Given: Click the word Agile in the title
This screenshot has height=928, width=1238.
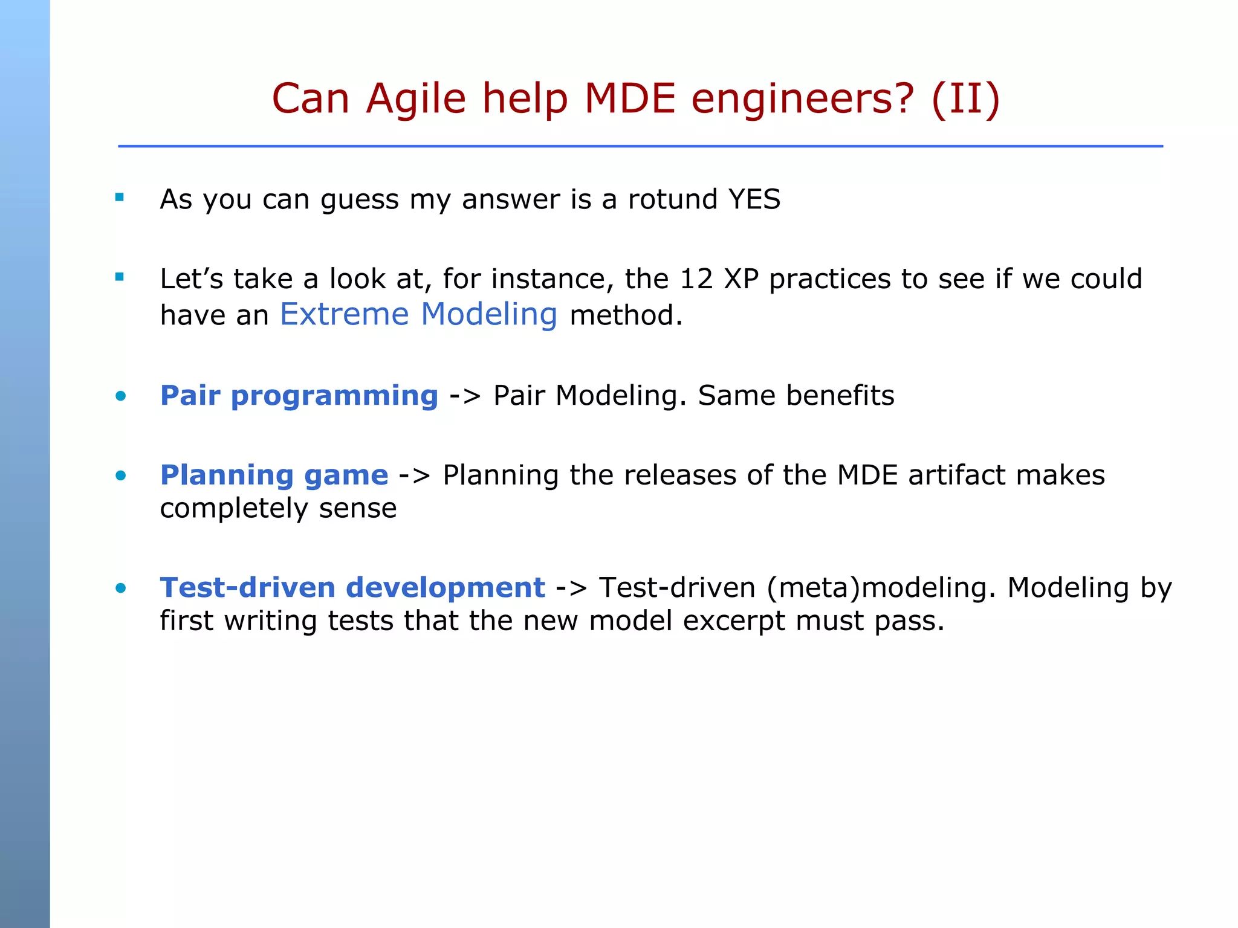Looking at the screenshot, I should [416, 100].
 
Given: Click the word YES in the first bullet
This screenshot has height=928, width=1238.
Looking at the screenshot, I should [754, 199].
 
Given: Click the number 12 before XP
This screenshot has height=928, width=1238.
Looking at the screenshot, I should [696, 279].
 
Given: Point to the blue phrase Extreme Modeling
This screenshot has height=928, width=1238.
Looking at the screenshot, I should [418, 315].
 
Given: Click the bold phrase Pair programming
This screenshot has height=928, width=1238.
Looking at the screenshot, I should [299, 396].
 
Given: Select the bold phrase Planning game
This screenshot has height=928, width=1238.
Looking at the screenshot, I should [274, 475].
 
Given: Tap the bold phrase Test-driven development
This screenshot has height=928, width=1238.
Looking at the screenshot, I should [352, 588].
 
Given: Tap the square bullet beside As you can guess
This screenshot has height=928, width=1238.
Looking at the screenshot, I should [120, 197].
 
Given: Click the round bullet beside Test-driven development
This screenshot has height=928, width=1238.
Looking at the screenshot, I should [121, 588].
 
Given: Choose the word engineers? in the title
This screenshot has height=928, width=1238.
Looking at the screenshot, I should [803, 100].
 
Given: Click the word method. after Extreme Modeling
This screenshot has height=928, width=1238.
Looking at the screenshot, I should [626, 315].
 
